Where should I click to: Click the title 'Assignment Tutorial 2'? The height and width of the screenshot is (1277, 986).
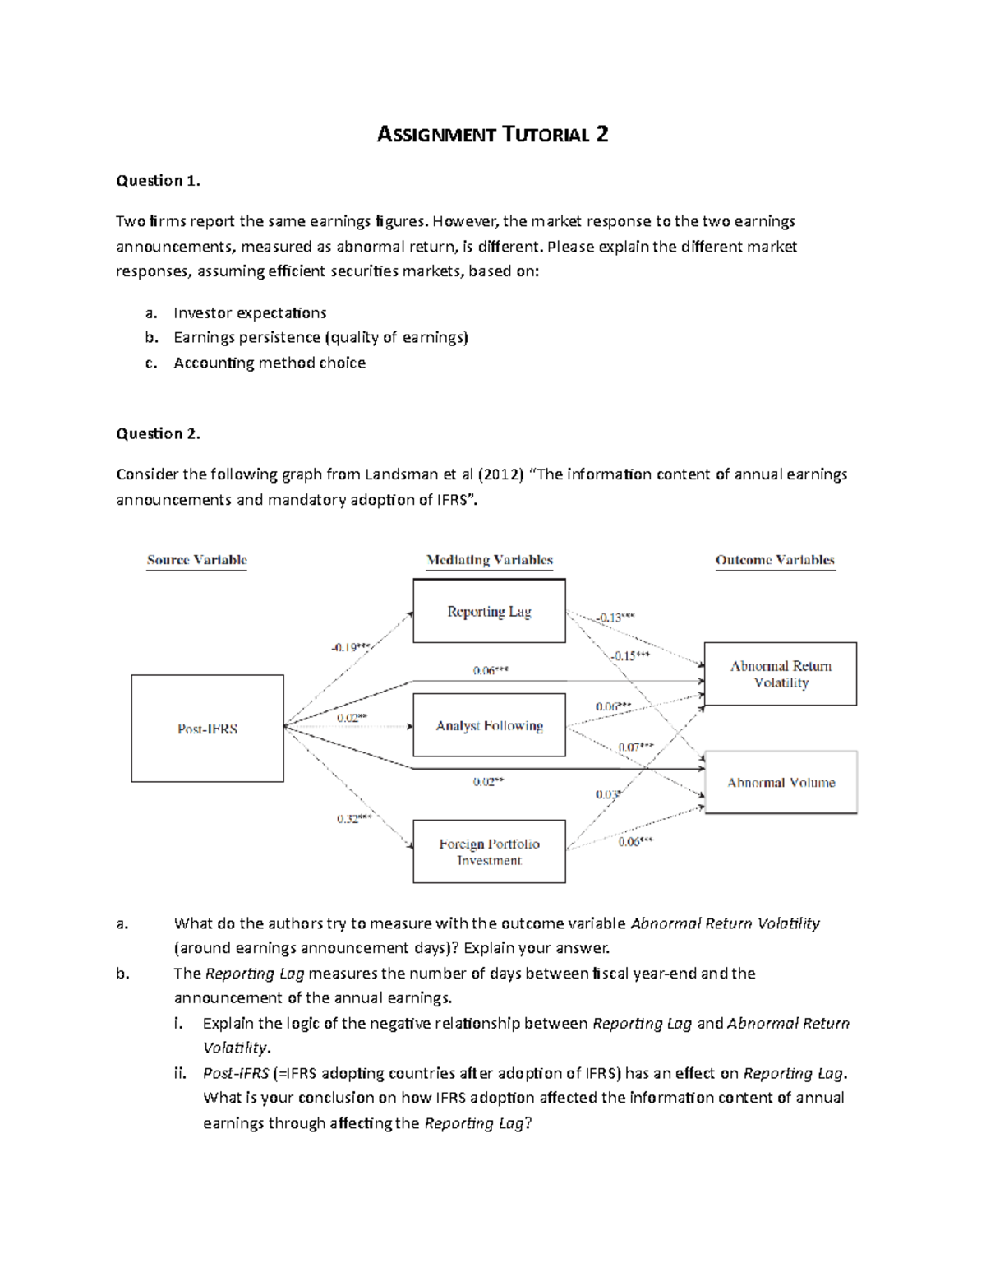(x=492, y=135)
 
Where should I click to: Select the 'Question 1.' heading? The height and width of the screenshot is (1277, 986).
(x=158, y=181)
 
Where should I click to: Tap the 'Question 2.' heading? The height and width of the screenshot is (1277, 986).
(x=158, y=434)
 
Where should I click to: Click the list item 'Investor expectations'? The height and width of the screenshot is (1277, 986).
(x=250, y=313)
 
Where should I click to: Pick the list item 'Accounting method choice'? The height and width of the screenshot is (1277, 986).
(x=270, y=363)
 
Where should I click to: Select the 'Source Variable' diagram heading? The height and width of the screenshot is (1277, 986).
(x=196, y=560)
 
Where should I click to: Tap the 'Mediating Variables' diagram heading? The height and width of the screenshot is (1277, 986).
(x=490, y=560)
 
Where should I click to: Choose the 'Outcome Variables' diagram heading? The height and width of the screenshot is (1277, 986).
(x=775, y=560)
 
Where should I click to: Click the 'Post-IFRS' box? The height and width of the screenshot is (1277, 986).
(x=207, y=729)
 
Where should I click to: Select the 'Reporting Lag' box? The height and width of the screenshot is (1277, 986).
(x=489, y=611)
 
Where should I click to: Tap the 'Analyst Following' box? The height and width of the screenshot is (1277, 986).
(x=489, y=725)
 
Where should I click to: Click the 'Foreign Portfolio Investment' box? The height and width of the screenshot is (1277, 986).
(x=489, y=852)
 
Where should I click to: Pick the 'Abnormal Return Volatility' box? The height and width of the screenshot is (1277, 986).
(x=781, y=674)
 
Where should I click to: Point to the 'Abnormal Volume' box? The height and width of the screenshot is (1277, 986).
(x=781, y=783)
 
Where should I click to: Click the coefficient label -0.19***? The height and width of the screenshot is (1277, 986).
(x=351, y=647)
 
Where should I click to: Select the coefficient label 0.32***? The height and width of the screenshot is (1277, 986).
(x=354, y=819)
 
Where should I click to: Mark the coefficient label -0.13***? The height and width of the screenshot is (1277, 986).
(x=615, y=618)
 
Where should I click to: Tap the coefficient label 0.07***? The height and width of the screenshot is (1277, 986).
(x=636, y=747)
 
